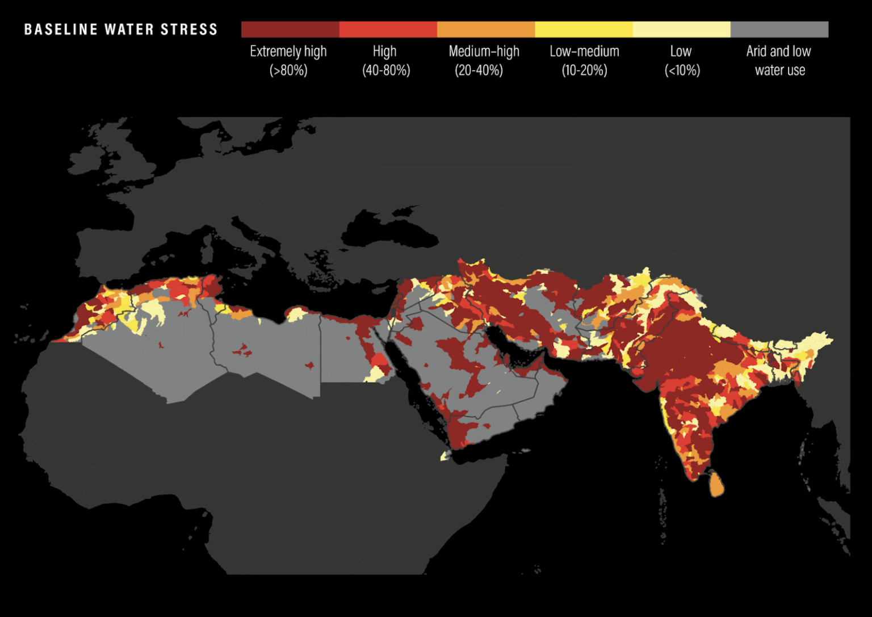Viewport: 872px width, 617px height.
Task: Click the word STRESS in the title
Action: coord(189,30)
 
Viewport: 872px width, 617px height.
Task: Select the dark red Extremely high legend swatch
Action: coord(290,30)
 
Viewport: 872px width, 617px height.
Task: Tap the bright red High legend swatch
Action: coord(388,30)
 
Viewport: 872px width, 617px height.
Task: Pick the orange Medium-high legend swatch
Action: coord(486,30)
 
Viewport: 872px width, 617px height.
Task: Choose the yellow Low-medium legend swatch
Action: coord(584,30)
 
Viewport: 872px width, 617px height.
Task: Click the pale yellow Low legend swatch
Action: coord(681,30)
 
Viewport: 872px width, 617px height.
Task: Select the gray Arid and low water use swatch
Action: coord(779,30)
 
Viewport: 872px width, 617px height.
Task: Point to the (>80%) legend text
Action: coord(288,70)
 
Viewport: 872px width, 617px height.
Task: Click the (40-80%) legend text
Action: coord(386,70)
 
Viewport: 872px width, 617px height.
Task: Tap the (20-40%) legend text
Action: coord(479,70)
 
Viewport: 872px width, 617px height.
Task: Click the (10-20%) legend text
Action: coord(584,70)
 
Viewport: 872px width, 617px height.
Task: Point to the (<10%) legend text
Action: coord(682,70)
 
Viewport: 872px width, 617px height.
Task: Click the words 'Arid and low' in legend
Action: coord(778,52)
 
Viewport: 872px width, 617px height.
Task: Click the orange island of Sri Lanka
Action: coord(716,484)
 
